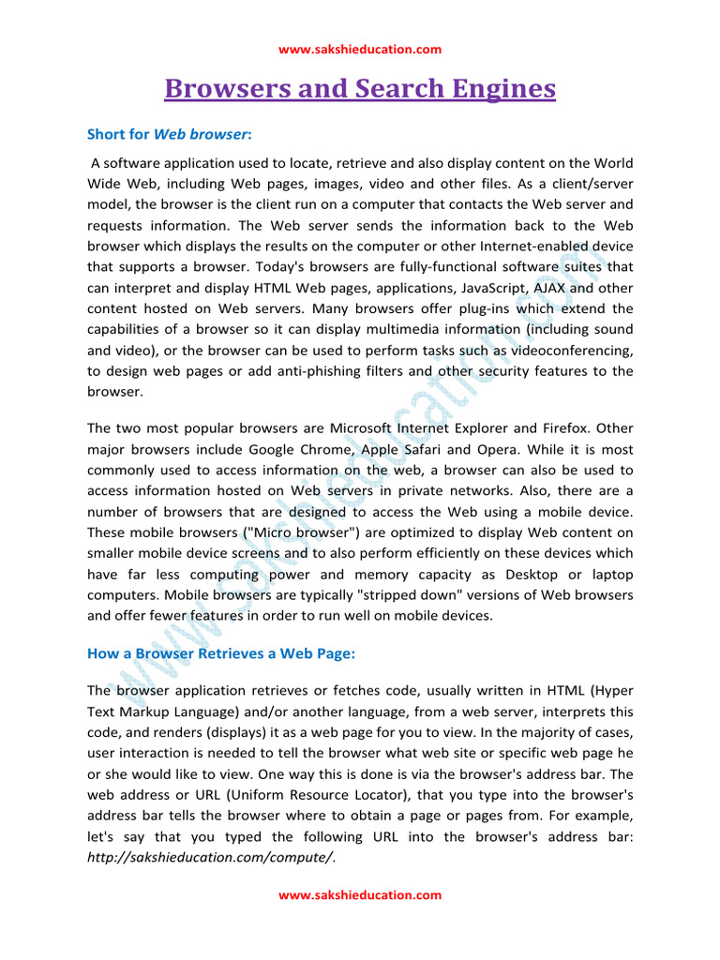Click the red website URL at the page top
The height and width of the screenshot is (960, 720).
click(x=360, y=50)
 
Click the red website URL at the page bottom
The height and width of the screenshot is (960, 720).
click(x=360, y=895)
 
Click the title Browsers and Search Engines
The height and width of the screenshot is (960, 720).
click(x=360, y=89)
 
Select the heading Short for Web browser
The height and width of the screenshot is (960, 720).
click(x=169, y=135)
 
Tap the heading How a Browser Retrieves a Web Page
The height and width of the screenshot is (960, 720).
click(x=221, y=653)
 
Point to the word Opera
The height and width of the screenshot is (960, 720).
click(x=526, y=449)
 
